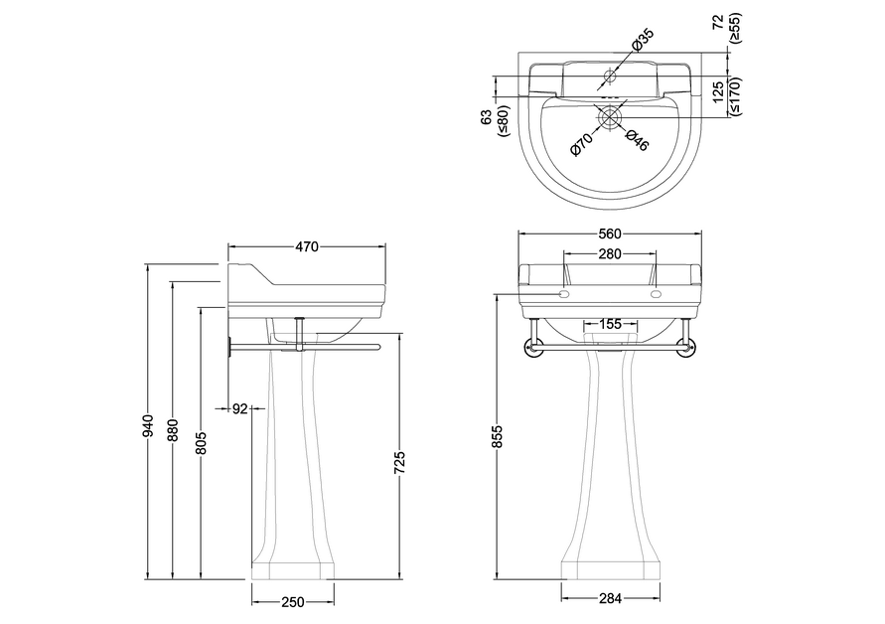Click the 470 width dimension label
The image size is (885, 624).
pyautogui.click(x=307, y=246)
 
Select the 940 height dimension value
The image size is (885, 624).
pyautogui.click(x=147, y=426)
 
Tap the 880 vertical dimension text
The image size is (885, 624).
pyautogui.click(x=173, y=429)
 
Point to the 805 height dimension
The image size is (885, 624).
pyautogui.click(x=202, y=443)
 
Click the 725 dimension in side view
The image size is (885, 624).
pyautogui.click(x=399, y=462)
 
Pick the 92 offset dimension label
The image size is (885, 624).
pyautogui.click(x=240, y=408)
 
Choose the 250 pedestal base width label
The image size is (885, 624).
pyautogui.click(x=292, y=602)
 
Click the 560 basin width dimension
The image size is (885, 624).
pyautogui.click(x=610, y=234)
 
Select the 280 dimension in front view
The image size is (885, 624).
pyautogui.click(x=610, y=254)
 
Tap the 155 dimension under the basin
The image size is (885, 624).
pyautogui.click(x=610, y=324)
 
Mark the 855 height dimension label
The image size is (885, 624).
pyautogui.click(x=498, y=436)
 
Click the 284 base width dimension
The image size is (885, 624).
pyautogui.click(x=610, y=598)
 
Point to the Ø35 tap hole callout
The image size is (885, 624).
pyautogui.click(x=642, y=40)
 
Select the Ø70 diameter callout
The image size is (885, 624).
pyautogui.click(x=581, y=144)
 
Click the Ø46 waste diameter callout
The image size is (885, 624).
pyautogui.click(x=637, y=140)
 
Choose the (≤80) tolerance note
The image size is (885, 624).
pyautogui.click(x=503, y=121)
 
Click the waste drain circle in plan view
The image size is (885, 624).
pyautogui.click(x=610, y=117)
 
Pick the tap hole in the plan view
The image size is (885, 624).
pyautogui.click(x=610, y=76)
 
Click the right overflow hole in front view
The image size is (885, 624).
pyautogui.click(x=656, y=294)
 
